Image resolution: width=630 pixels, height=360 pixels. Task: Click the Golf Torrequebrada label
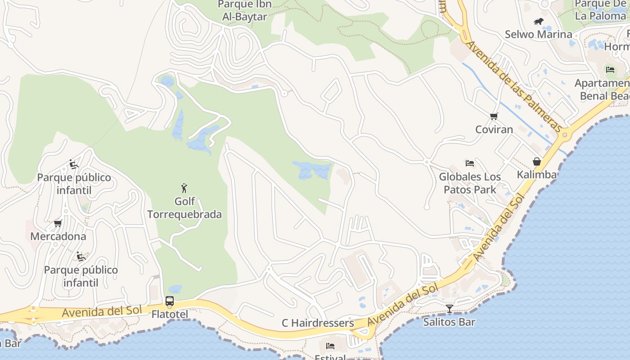pyautogui.click(x=184, y=207)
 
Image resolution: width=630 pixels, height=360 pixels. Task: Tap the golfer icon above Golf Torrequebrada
pyautogui.click(x=184, y=188)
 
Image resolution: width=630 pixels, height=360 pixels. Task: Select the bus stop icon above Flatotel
pyautogui.click(x=170, y=301)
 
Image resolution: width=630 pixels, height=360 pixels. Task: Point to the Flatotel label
pyautogui.click(x=170, y=314)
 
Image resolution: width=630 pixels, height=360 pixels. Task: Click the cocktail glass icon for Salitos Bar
pyautogui.click(x=449, y=309)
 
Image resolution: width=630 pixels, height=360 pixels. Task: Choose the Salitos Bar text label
pyautogui.click(x=449, y=322)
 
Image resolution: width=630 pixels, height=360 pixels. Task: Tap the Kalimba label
pyautogui.click(x=537, y=175)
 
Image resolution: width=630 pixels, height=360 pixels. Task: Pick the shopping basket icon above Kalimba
pyautogui.click(x=537, y=162)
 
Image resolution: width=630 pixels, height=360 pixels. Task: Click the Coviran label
pyautogui.click(x=494, y=130)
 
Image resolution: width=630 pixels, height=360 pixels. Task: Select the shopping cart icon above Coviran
pyautogui.click(x=494, y=117)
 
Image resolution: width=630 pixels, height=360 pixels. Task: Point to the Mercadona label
pyautogui.click(x=58, y=236)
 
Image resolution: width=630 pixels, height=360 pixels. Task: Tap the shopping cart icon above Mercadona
pyautogui.click(x=58, y=223)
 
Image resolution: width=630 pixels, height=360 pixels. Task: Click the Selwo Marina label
pyautogui.click(x=538, y=34)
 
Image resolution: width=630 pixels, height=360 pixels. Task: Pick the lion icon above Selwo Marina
pyautogui.click(x=538, y=21)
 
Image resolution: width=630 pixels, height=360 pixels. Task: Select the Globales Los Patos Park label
pyautogui.click(x=470, y=183)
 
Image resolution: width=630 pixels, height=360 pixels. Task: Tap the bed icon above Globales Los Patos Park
pyautogui.click(x=470, y=163)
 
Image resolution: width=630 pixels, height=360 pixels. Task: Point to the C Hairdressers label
pyautogui.click(x=318, y=323)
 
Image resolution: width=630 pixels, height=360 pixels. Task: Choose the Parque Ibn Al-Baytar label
pyautogui.click(x=244, y=11)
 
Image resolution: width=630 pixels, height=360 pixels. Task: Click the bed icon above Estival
pyautogui.click(x=330, y=346)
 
